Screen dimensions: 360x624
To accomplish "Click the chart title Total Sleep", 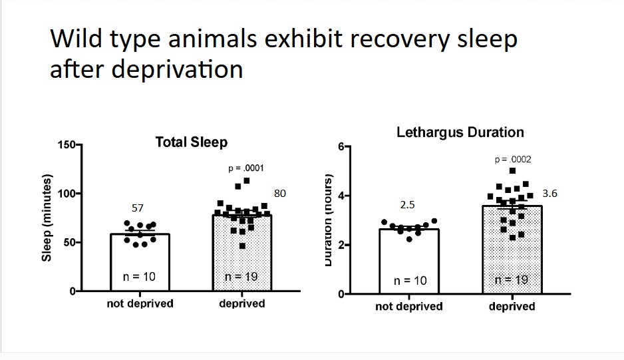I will pyautogui.click(x=191, y=142).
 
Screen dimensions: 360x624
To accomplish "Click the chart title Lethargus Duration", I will pyautogui.click(x=460, y=132).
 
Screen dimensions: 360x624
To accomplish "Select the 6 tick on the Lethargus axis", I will pyautogui.click(x=340, y=146).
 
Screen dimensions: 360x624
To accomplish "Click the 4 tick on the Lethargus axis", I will pyautogui.click(x=340, y=196).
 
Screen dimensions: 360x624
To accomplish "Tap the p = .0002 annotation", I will pyautogui.click(x=513, y=160).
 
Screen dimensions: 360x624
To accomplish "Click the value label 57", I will pyautogui.click(x=137, y=208).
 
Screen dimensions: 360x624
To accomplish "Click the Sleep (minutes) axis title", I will pyautogui.click(x=47, y=218).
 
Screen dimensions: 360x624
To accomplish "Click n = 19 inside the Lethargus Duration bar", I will pyautogui.click(x=512, y=279).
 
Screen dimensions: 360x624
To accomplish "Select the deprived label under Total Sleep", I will pyautogui.click(x=242, y=303).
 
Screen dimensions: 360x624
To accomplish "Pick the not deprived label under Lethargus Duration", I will pyautogui.click(x=408, y=306).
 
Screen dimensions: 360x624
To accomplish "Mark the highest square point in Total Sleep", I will pyautogui.click(x=247, y=180).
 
